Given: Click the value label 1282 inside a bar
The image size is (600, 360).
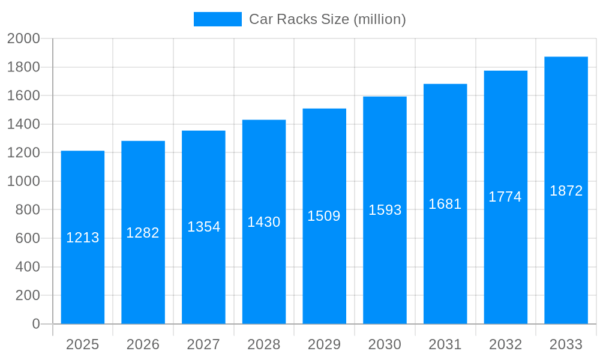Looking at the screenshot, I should click(143, 233).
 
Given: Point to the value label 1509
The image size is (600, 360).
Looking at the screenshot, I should click(324, 216).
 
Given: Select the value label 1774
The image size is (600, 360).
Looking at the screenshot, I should click(505, 197).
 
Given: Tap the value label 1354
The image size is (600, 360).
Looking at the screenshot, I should click(204, 227).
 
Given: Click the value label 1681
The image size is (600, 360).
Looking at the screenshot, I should click(445, 204).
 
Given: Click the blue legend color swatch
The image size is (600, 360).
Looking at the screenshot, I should click(217, 19).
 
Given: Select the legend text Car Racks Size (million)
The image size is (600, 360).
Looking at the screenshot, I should click(328, 19).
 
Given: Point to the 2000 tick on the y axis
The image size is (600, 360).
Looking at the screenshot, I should click(23, 39).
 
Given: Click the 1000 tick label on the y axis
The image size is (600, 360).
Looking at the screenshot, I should click(23, 181).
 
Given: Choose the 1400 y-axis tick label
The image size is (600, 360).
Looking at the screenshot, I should click(23, 124).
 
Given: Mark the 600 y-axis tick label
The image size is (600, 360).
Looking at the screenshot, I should click(27, 238).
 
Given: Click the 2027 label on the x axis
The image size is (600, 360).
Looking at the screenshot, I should click(203, 344).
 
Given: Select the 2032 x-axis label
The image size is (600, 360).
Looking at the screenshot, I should click(505, 344).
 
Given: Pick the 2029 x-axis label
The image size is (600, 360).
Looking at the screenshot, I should click(324, 344).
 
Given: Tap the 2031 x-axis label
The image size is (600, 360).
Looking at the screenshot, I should click(445, 344).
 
